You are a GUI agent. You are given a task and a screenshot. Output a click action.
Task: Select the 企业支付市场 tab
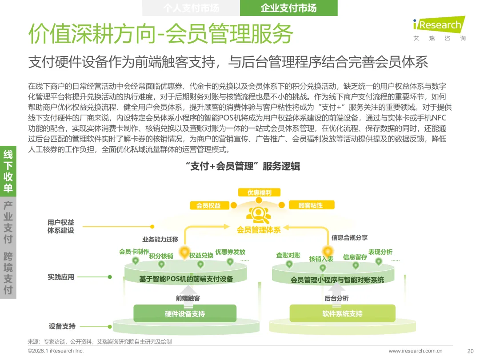click(x=288, y=8)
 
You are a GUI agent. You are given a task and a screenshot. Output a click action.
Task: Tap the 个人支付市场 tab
click(x=191, y=8)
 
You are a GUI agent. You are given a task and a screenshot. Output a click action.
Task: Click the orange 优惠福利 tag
click(x=259, y=192)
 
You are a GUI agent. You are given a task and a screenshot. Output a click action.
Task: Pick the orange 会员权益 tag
click(x=208, y=205)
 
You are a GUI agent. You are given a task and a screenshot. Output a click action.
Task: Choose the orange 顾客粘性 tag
click(x=311, y=205)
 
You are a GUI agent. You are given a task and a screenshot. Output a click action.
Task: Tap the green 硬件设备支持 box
click(x=185, y=314)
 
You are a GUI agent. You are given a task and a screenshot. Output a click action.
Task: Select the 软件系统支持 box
click(x=342, y=314)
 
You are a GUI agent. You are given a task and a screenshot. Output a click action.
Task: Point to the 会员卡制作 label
click(x=134, y=252)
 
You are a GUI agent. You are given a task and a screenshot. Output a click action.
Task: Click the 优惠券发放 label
click(x=230, y=252)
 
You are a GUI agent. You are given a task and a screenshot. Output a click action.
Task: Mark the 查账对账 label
click(x=288, y=255)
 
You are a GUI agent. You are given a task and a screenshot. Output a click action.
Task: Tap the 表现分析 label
click(x=380, y=252)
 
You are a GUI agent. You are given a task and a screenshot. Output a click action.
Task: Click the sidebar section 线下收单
click(x=8, y=172)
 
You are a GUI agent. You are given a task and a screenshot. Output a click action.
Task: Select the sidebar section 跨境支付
click(x=8, y=274)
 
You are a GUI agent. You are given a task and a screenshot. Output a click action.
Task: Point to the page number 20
click(x=470, y=351)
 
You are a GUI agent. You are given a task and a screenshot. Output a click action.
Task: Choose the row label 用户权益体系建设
click(x=61, y=226)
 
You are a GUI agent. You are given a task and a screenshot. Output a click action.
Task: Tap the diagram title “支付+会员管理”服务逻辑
click(x=243, y=167)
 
